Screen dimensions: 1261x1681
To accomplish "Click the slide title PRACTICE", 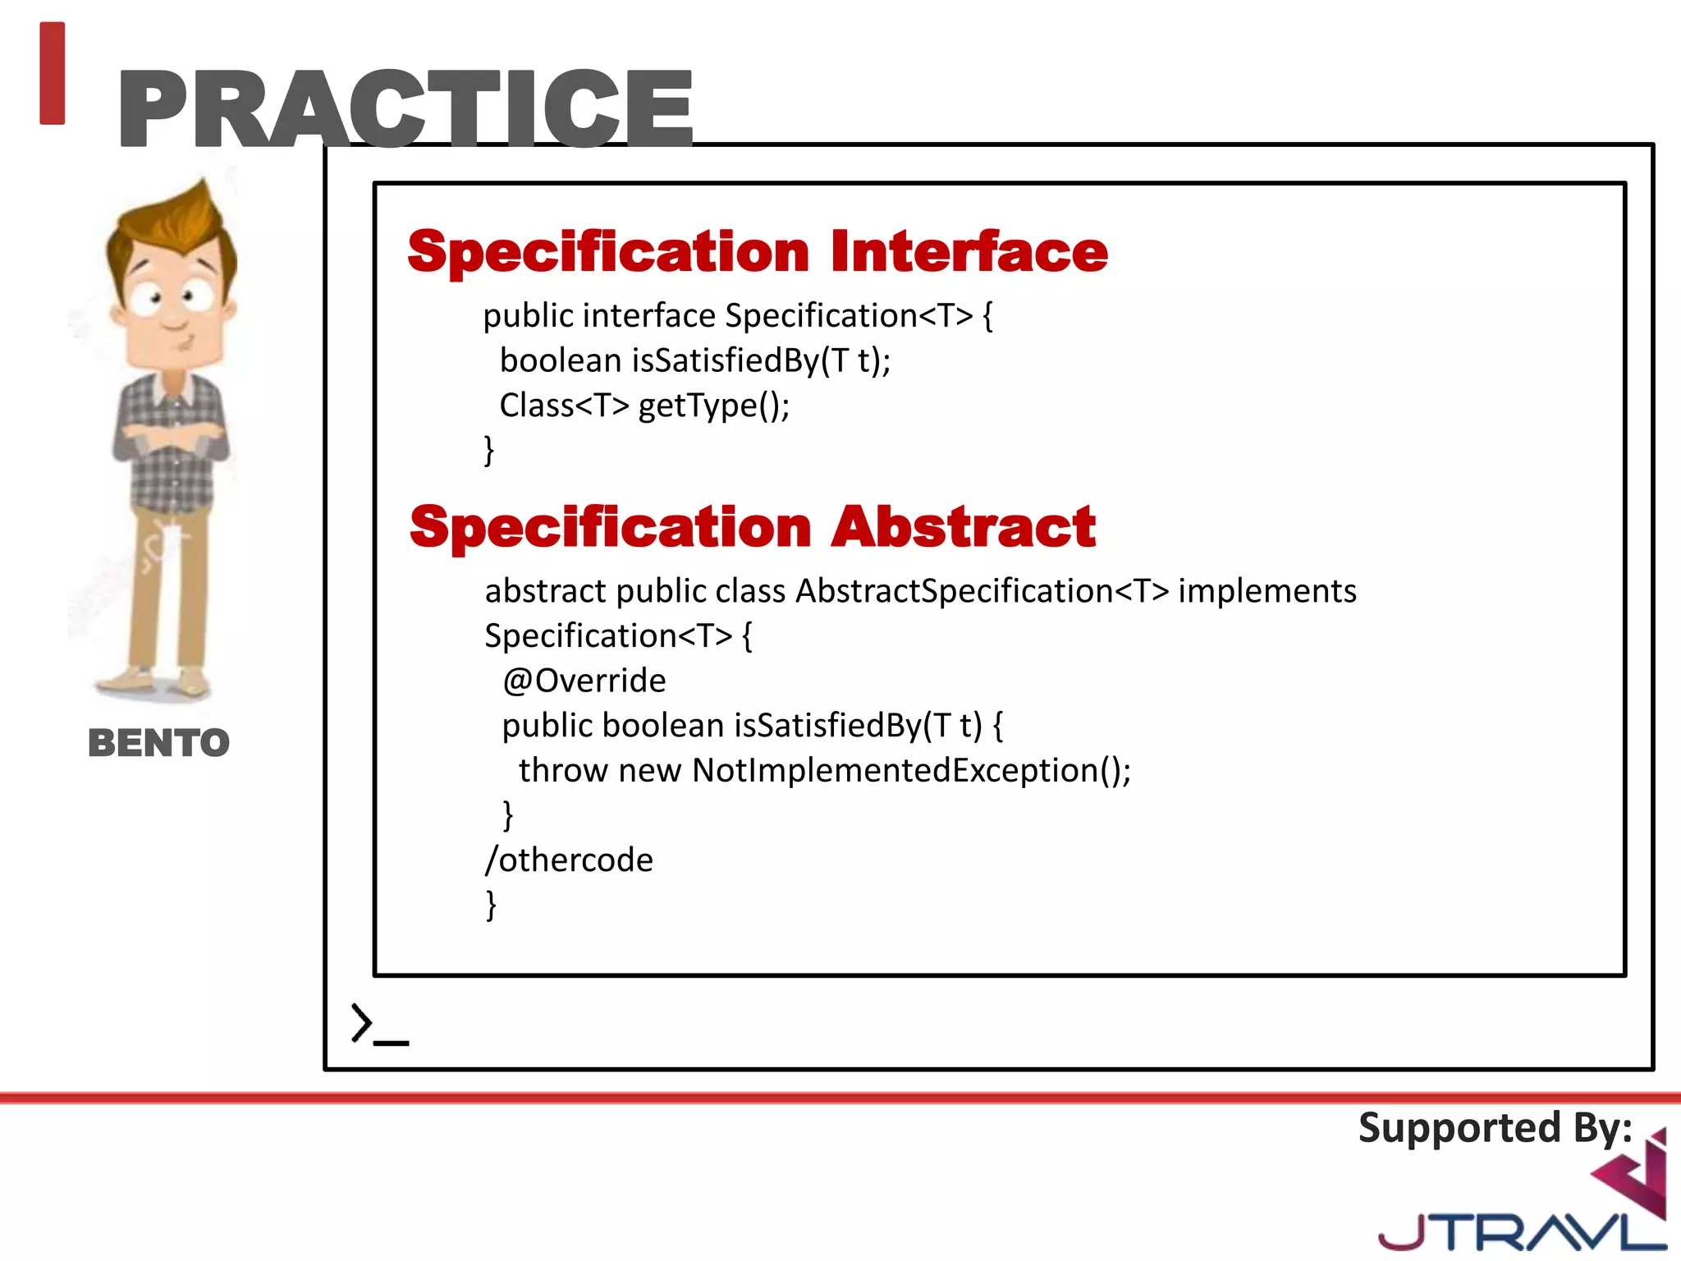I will (x=406, y=108).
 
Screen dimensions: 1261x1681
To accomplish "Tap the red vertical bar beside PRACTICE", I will (x=52, y=73).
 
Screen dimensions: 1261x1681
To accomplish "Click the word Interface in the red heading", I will (x=969, y=251).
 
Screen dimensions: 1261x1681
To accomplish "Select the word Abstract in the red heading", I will (x=964, y=526).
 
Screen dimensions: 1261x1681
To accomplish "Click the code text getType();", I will (x=713, y=406).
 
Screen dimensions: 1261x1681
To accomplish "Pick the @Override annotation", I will (x=584, y=681).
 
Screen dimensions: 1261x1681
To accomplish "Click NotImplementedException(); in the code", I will (x=911, y=770).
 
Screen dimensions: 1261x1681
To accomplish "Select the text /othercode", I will (x=569, y=860).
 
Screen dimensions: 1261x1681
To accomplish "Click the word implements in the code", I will (x=1266, y=591).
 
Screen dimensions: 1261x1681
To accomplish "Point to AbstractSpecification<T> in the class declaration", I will (x=982, y=591).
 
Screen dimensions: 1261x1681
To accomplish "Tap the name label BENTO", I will (x=158, y=743).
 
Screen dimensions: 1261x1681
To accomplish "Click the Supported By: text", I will (x=1495, y=1127).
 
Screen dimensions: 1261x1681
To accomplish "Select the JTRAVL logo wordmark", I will (x=1518, y=1232).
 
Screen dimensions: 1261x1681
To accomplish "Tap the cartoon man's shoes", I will (x=156, y=681).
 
